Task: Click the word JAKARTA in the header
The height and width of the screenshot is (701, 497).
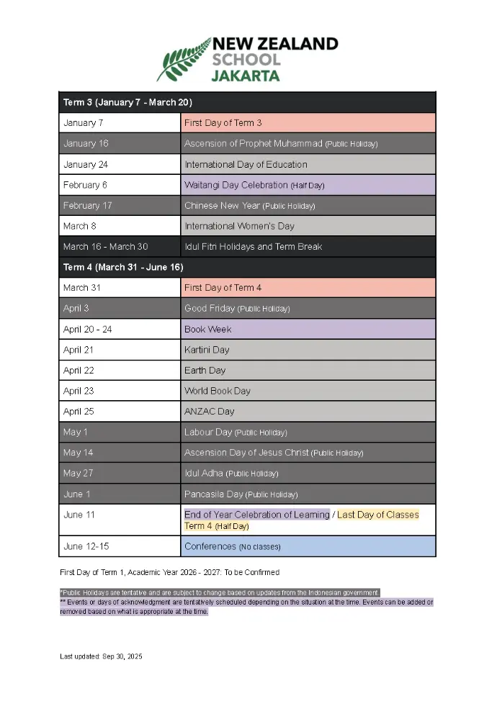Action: [245, 75]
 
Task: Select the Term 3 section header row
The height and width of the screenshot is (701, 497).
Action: [247, 102]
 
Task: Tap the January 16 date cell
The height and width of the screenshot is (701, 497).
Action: [120, 144]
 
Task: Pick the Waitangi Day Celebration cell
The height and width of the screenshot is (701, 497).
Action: [308, 185]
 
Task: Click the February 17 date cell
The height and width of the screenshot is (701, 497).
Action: [120, 206]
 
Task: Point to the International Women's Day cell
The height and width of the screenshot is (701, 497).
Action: [308, 226]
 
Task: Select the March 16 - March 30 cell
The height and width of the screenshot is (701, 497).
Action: [120, 247]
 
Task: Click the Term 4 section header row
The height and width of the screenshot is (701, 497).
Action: [247, 267]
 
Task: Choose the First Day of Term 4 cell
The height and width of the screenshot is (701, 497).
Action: [308, 288]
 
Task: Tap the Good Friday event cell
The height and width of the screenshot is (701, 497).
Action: [308, 309]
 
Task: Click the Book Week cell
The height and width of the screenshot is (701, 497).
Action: [308, 329]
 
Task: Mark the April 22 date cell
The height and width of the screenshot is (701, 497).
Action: [120, 371]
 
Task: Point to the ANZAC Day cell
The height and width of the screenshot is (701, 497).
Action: [308, 412]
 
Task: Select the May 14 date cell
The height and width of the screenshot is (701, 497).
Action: [120, 453]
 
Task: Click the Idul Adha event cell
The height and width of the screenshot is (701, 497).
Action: [308, 474]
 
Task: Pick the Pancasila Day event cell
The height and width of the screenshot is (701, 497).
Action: [308, 494]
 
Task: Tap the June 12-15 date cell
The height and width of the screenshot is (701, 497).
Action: [120, 546]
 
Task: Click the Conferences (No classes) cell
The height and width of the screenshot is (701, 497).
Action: [308, 546]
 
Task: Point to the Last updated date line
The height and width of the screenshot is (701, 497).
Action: [101, 656]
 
